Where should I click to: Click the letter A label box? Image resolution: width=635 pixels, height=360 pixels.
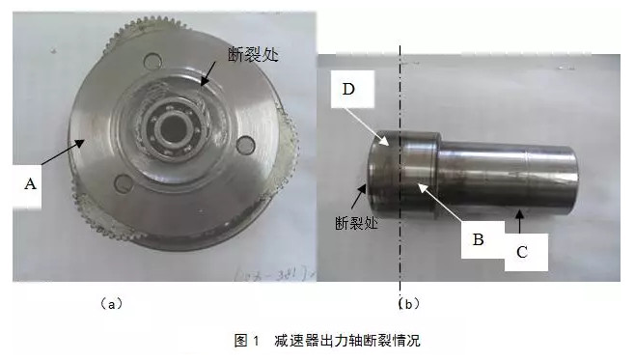click(27, 186)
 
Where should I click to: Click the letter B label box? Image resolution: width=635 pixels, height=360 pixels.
click(483, 239)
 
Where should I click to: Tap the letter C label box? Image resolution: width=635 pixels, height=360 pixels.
click(526, 252)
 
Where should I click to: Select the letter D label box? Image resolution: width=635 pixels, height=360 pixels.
click(352, 89)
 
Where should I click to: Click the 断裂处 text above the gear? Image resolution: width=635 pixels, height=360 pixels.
click(254, 54)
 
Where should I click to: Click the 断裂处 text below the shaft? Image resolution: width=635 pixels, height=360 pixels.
click(356, 223)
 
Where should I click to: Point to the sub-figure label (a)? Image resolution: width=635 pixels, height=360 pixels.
click(111, 303)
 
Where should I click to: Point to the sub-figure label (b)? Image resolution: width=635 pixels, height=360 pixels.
click(408, 303)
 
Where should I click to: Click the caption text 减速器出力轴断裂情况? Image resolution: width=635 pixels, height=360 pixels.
click(347, 340)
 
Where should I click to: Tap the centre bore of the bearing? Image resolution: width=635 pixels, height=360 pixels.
click(173, 128)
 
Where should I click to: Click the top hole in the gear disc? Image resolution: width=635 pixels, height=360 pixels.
click(153, 62)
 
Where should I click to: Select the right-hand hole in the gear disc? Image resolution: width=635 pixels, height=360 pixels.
click(246, 146)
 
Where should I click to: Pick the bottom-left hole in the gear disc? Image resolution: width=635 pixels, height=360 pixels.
click(124, 183)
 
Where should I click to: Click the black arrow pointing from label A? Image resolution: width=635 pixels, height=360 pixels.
click(63, 152)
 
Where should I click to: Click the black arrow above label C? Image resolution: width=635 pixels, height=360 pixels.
click(520, 222)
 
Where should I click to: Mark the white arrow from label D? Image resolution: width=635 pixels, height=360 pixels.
click(369, 125)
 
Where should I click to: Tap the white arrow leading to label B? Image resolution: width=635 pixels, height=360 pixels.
click(440, 202)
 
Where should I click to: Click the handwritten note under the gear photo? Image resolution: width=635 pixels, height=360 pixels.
click(273, 275)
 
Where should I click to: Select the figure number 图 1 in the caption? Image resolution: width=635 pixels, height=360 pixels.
click(247, 340)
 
